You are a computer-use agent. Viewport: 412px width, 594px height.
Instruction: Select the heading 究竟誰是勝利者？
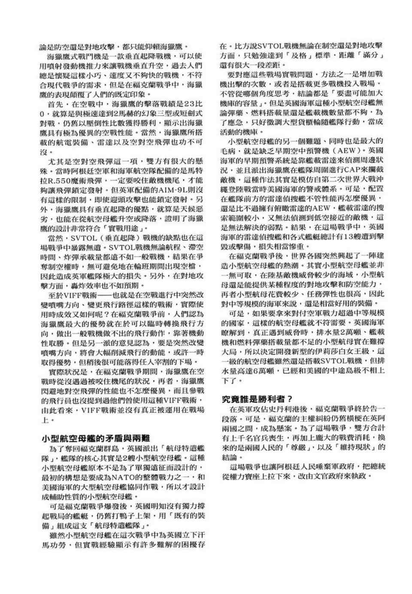257,398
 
